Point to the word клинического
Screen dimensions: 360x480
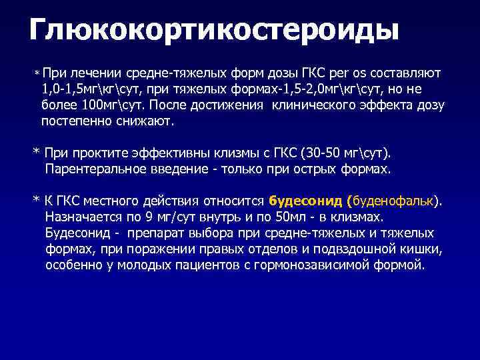[331, 106]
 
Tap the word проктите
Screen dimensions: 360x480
[101, 153]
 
